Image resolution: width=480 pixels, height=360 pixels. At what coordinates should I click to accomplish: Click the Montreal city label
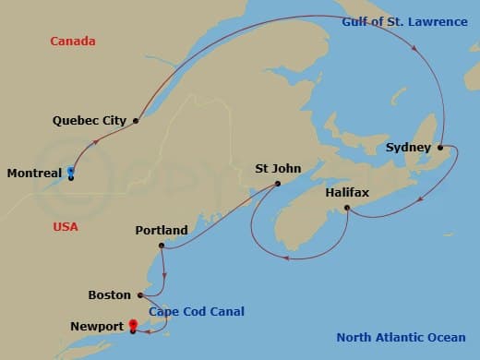point(34,173)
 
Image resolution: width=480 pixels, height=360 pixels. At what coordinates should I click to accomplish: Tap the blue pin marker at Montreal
point(70,172)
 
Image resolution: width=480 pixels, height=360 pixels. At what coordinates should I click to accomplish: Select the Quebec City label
point(90,120)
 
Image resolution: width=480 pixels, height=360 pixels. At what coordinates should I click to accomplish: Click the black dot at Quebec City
point(136,120)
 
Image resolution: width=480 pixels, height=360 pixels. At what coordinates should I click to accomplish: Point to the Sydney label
point(407,147)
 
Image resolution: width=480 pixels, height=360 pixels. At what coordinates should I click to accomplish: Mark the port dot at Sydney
point(440,147)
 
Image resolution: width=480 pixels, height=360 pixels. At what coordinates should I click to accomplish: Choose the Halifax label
point(347,193)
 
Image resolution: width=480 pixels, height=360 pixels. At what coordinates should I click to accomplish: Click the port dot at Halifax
point(346,209)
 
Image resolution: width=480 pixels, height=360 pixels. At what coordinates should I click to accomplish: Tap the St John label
point(276,169)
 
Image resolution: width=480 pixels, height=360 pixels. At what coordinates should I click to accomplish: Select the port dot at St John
point(277,184)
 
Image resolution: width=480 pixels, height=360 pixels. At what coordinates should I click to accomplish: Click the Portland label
point(161,230)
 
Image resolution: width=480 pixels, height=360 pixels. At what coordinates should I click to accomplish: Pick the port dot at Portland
point(162,246)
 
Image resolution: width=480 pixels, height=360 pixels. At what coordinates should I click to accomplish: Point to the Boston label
point(110,295)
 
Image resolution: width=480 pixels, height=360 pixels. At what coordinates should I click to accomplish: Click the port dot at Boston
point(140,295)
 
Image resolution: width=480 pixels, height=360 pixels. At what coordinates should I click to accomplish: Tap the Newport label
point(95,327)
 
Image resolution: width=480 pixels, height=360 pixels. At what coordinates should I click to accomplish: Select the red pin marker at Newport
point(133,325)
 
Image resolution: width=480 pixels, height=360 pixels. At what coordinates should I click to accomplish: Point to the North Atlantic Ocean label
point(401,337)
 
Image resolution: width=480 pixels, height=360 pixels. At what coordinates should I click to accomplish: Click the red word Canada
point(73,42)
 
